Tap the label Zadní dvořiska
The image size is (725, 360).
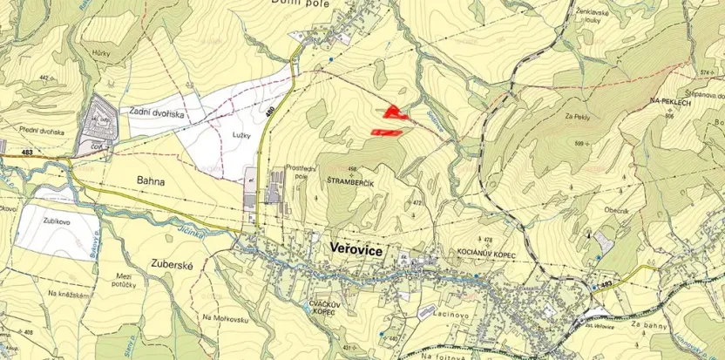157,112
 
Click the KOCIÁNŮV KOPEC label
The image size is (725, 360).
487,251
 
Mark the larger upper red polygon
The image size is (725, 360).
395,111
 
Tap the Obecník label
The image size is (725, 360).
617,211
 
